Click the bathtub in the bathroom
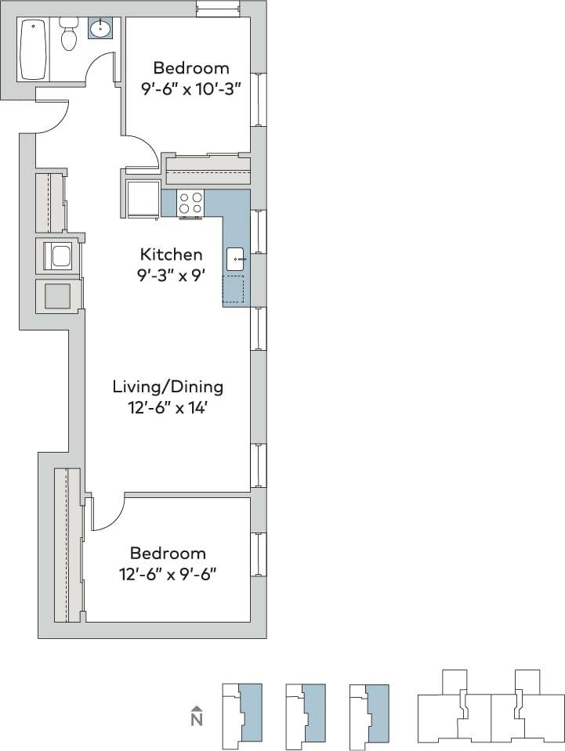(33, 50)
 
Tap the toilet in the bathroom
(69, 35)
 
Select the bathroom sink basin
(100, 30)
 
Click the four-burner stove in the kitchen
(190, 203)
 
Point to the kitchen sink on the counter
(237, 258)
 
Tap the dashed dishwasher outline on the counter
(234, 289)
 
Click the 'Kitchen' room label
(171, 255)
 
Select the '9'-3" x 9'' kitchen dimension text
(171, 275)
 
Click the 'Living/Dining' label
(168, 386)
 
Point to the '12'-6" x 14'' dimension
(168, 407)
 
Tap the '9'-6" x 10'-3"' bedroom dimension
(190, 88)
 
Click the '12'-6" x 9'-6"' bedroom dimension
(168, 574)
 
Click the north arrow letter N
(197, 718)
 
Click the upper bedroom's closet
(208, 169)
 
